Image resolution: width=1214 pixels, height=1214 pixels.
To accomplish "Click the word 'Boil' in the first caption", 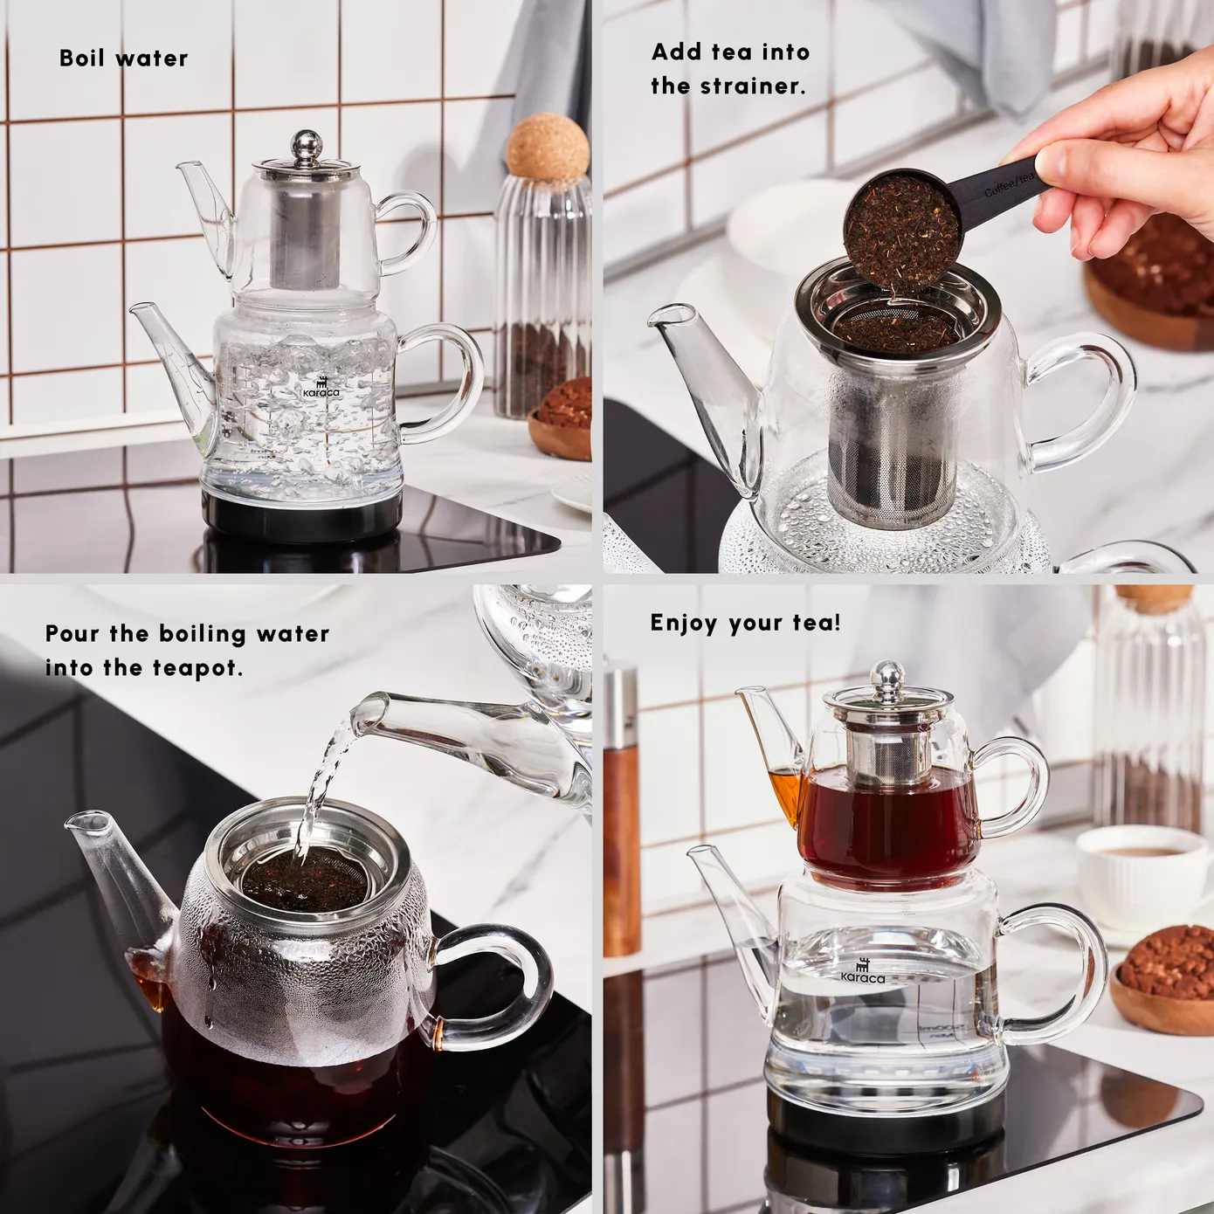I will click(81, 59).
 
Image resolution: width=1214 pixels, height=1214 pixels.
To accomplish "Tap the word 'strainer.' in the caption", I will click(753, 86).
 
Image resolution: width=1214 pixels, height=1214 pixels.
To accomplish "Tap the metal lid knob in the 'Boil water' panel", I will click(306, 145).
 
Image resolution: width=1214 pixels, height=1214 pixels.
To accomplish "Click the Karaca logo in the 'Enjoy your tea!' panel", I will click(863, 973).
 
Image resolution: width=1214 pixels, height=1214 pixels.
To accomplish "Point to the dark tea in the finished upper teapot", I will click(886, 830).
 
